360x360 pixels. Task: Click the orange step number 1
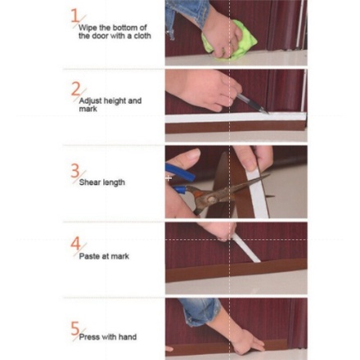point(74,16)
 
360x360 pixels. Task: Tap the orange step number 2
point(76,89)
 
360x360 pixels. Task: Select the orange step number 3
point(75,171)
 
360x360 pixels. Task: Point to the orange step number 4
point(75,243)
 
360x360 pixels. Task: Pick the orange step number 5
point(75,328)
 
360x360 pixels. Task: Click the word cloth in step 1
point(142,36)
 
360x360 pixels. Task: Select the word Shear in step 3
point(88,182)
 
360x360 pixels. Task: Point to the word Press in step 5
point(89,337)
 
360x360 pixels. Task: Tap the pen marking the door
point(252,104)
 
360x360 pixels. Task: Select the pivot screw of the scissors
point(211,200)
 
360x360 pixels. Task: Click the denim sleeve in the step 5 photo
point(200,312)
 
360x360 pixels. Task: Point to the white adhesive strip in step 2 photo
point(236,117)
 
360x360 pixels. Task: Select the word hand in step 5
point(128,337)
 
